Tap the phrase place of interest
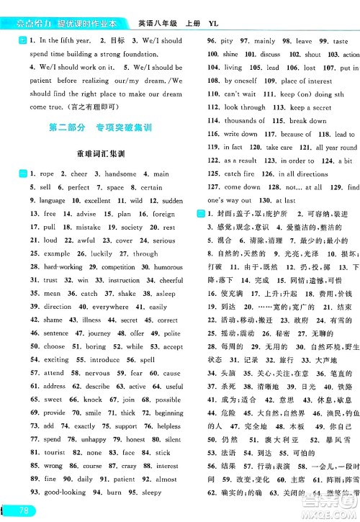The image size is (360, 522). pos(306,81)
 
